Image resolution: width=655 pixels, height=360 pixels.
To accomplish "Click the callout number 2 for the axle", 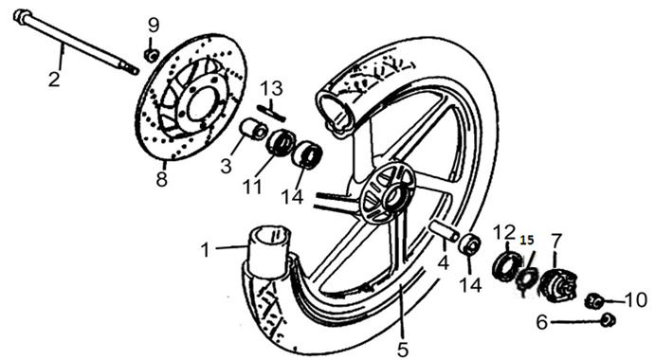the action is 54,79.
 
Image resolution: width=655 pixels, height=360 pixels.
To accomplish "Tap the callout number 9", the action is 154,26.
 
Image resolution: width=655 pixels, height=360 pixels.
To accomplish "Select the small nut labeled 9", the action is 151,55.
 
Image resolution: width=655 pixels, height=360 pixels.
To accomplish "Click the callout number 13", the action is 272,88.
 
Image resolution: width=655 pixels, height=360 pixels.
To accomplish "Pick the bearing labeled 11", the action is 281,142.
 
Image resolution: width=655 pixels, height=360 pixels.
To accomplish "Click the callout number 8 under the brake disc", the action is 162,180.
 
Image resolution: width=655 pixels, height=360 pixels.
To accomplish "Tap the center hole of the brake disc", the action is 201,106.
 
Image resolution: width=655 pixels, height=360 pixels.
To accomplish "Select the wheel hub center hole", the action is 393,197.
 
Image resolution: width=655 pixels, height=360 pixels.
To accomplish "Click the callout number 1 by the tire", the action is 205,250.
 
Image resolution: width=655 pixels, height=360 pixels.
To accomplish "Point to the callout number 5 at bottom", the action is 403,350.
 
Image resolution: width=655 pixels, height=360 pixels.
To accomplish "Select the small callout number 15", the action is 527,241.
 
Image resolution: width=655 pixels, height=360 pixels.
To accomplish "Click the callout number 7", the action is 556,241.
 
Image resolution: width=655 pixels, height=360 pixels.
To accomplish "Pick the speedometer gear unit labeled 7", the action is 557,285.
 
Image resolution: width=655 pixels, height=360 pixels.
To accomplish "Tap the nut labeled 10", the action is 593,300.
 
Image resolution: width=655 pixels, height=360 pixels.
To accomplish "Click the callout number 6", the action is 542,322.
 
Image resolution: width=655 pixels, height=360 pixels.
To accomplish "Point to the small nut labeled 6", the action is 608,320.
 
